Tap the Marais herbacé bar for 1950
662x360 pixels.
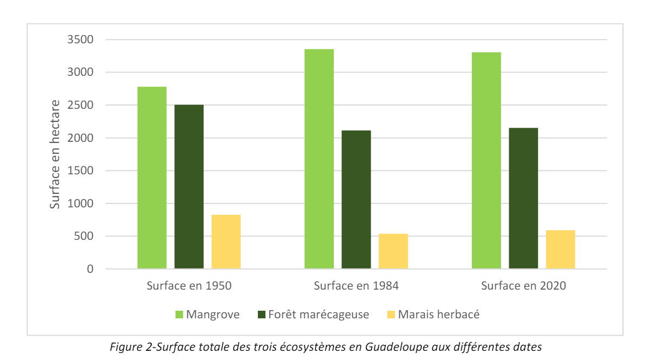click(x=226, y=242)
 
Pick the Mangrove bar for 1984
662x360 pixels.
click(x=319, y=159)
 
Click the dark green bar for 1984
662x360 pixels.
click(x=356, y=200)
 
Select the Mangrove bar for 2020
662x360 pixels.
click(x=486, y=161)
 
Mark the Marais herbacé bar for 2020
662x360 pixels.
click(x=560, y=250)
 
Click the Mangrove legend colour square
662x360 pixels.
click(x=179, y=315)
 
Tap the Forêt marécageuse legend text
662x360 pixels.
click(x=318, y=315)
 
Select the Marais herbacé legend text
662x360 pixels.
click(x=439, y=315)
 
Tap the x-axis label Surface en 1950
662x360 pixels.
click(x=189, y=286)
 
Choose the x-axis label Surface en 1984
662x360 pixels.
click(x=356, y=286)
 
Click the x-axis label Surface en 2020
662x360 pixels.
click(x=523, y=286)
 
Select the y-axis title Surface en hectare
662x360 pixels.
click(x=55, y=154)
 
